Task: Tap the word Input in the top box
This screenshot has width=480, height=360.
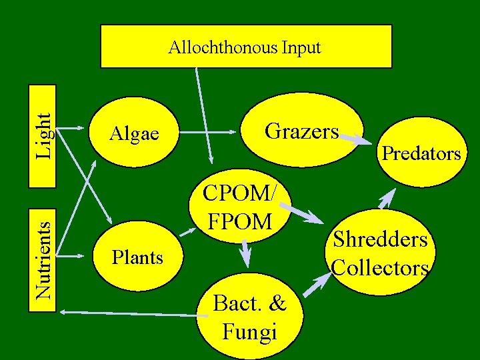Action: [300, 48]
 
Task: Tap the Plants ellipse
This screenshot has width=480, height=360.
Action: [137, 257]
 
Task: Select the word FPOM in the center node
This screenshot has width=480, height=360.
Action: [241, 220]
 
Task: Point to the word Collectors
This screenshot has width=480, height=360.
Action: [380, 267]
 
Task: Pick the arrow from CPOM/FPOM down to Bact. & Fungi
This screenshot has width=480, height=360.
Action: [245, 253]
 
